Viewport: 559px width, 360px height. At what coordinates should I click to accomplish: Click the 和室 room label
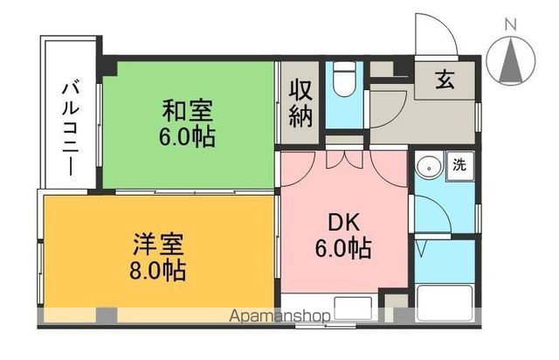[187, 111]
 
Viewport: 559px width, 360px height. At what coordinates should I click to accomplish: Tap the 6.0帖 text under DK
[343, 248]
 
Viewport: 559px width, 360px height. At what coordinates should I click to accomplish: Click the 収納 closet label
[300, 103]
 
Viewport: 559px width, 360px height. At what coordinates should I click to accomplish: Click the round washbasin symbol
[428, 166]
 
